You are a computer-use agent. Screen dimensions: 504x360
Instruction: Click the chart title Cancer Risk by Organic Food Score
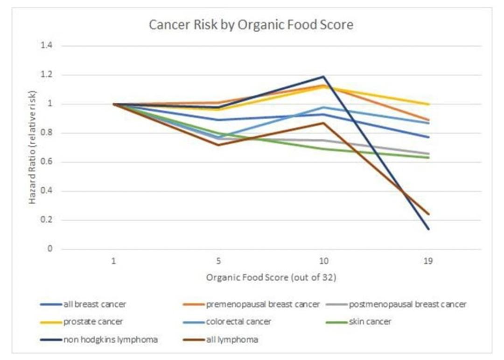[x=251, y=25]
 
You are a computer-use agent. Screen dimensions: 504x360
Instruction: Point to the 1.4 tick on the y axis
[x=46, y=45]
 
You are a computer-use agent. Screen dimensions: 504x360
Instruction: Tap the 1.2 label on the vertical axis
[x=46, y=75]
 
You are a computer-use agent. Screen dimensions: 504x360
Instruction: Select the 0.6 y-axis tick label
[x=46, y=162]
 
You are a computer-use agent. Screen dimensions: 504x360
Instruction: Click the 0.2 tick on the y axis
[x=46, y=220]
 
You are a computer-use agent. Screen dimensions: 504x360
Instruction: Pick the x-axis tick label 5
[x=218, y=261]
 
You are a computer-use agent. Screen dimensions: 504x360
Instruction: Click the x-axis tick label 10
[x=324, y=261]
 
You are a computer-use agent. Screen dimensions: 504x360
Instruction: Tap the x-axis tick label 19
[x=428, y=261]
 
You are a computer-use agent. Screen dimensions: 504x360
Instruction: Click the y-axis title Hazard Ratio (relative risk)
[x=33, y=148]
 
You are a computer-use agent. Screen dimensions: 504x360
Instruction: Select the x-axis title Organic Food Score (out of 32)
[x=271, y=277]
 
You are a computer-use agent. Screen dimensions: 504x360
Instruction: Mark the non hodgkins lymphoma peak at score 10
[x=324, y=77]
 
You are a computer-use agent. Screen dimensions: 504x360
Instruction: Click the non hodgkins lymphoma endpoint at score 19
[x=428, y=229]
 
